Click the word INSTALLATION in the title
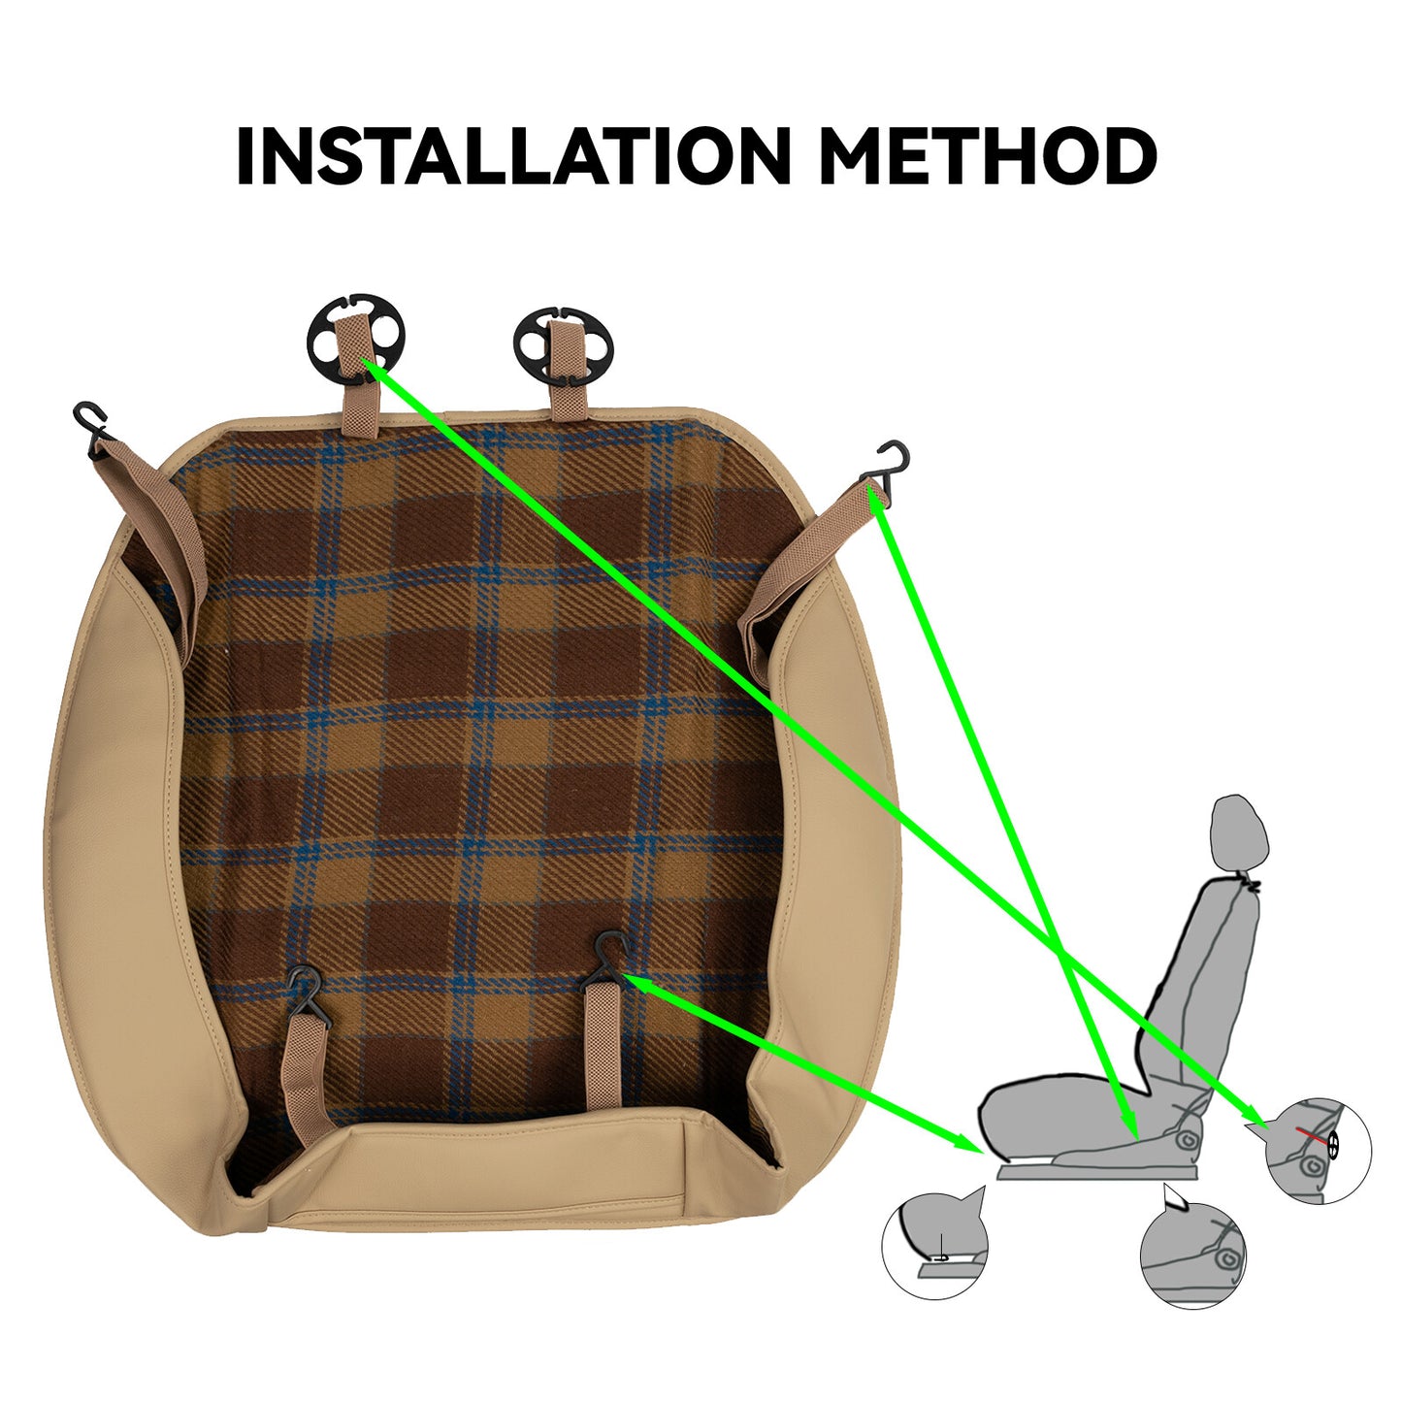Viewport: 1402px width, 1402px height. click(513, 155)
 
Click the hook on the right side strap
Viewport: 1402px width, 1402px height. click(887, 466)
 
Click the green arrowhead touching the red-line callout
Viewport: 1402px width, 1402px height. click(1253, 1136)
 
